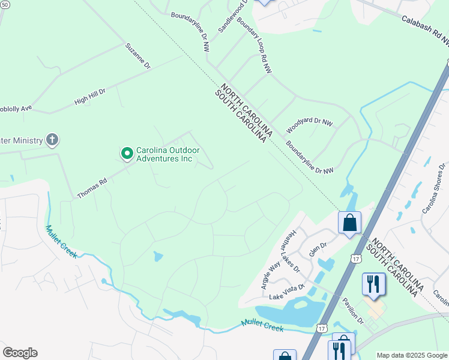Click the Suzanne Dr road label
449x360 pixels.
point(137,56)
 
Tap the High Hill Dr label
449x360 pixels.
point(89,97)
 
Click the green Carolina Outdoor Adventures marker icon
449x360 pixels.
point(127,154)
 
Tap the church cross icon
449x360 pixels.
point(52,140)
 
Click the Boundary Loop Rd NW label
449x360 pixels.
point(255,45)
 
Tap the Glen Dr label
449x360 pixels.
point(318,249)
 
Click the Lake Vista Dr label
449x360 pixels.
point(288,292)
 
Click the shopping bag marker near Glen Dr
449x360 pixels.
point(349,223)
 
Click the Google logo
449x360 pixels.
point(20,353)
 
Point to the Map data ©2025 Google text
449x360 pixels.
point(411,355)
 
